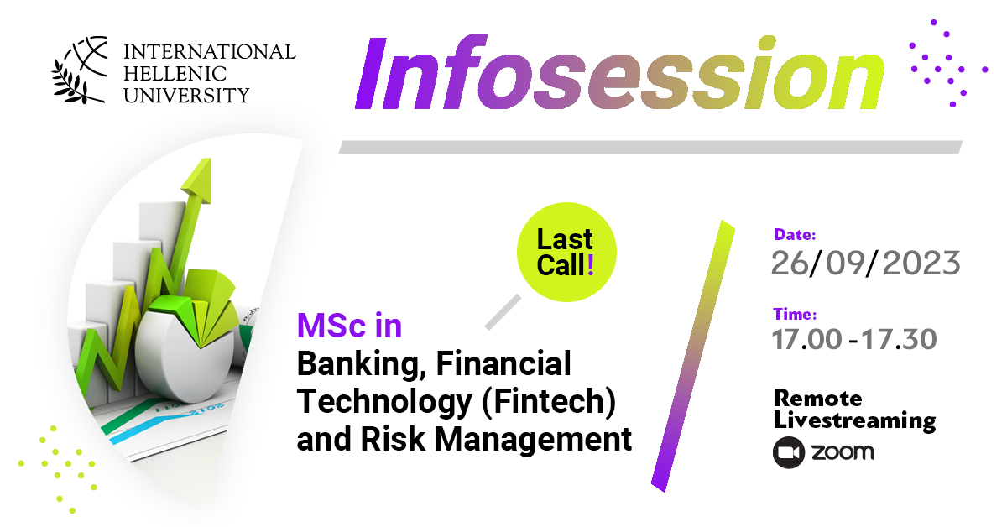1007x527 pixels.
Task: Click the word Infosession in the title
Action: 619,72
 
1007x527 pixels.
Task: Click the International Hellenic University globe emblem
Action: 81,70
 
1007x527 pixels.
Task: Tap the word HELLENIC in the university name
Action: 175,74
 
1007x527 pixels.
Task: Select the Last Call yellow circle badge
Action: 566,252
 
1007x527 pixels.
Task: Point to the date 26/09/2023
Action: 866,263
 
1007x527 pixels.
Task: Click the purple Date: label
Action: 795,234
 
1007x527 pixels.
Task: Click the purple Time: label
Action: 795,314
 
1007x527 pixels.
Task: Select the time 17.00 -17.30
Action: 854,339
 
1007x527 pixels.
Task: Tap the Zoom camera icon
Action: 789,452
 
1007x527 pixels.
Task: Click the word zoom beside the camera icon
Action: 843,452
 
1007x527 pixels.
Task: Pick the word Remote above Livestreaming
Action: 817,399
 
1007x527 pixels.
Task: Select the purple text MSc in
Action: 349,325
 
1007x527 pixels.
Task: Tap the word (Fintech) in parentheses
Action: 549,402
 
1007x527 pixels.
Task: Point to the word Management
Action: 534,440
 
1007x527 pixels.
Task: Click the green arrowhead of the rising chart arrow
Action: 198,180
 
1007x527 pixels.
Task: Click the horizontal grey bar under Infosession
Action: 650,147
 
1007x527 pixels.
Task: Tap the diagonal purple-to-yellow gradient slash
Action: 693,356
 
